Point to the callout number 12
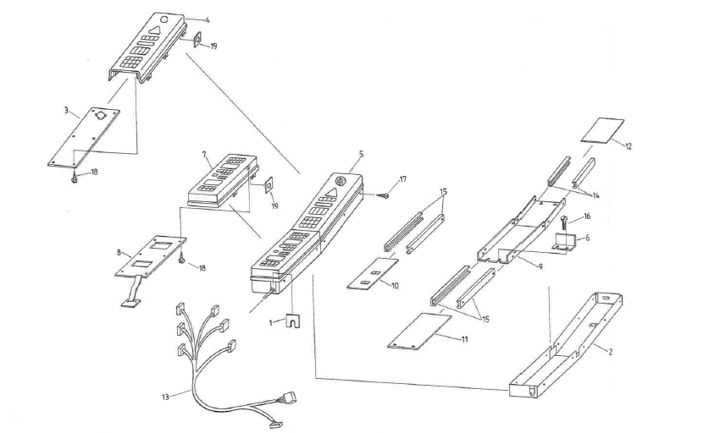coord(628,145)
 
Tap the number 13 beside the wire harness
coord(163,396)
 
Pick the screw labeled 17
coord(385,196)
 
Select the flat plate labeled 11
coord(420,330)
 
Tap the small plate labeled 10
coord(373,275)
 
